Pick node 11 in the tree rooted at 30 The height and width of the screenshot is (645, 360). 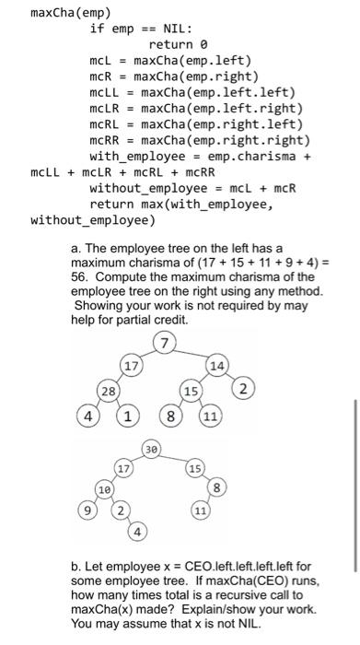200,509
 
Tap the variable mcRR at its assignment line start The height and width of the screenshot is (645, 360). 104,140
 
